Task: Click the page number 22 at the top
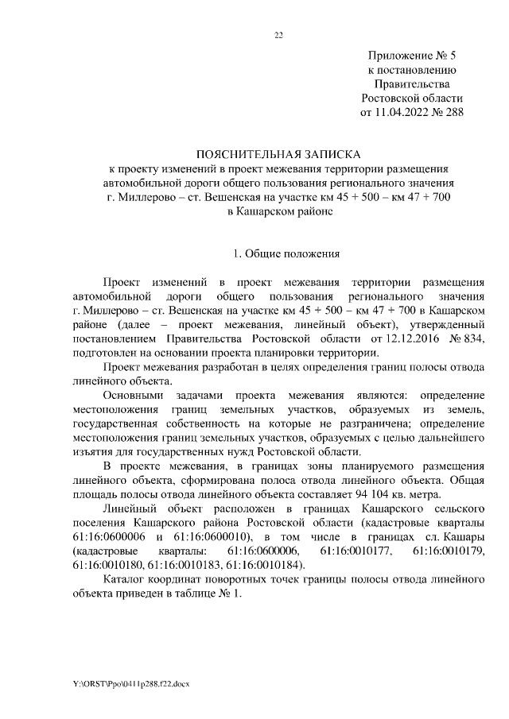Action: coord(278,35)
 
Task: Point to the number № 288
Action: coord(445,112)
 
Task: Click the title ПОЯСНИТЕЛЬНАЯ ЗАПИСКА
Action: coord(278,154)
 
